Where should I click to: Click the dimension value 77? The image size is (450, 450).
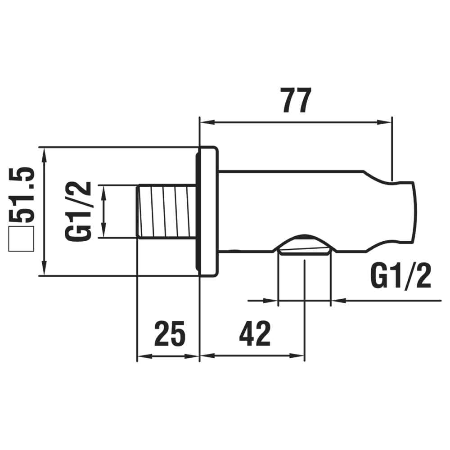point(296,101)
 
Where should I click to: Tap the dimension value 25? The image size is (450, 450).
point(170,333)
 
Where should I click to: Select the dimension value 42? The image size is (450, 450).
point(255,333)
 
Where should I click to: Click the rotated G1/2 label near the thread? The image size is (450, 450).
point(79,211)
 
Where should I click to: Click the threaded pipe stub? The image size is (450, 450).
point(166,211)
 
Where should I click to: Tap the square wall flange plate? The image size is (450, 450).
point(208,211)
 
